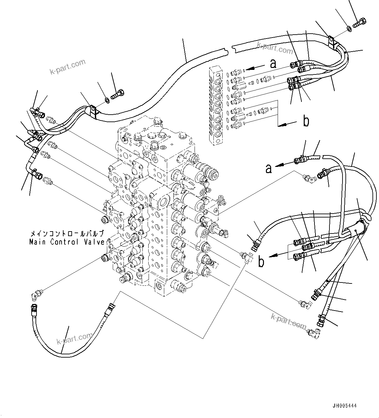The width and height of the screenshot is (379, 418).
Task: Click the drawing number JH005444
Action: click(344, 406)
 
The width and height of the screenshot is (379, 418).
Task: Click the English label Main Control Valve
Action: click(67, 242)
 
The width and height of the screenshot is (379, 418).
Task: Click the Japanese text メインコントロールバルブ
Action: click(67, 234)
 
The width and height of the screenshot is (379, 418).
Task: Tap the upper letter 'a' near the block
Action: click(273, 64)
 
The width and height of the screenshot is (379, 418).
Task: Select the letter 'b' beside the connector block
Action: click(306, 121)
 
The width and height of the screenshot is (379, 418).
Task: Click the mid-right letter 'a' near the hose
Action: click(268, 169)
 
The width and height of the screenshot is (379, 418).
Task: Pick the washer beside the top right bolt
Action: click(349, 29)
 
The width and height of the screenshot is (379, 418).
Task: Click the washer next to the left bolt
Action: click(107, 99)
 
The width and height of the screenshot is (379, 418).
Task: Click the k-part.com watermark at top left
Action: click(67, 66)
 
